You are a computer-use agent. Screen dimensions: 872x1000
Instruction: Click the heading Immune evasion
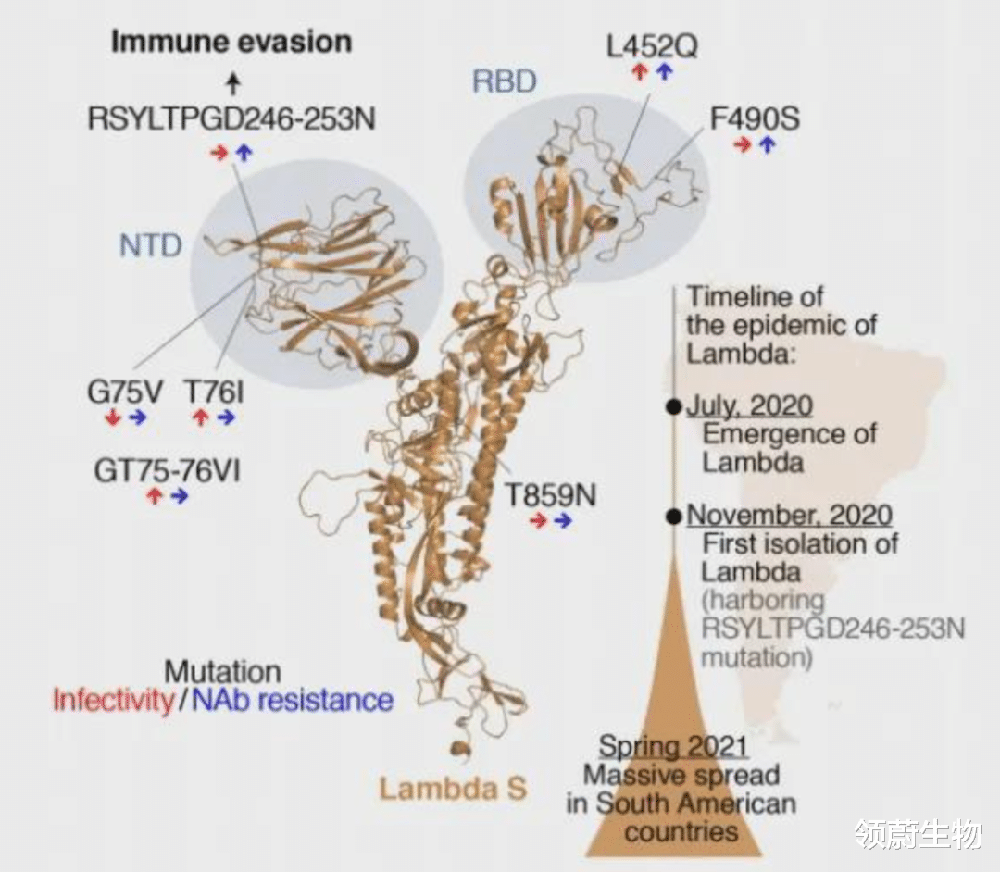tap(231, 42)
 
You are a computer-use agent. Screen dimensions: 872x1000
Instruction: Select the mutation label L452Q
tap(652, 45)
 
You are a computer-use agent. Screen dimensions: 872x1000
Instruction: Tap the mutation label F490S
tap(755, 119)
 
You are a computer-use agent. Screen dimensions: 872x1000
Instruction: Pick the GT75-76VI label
tap(167, 470)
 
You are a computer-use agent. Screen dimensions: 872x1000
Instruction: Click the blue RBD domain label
tap(504, 81)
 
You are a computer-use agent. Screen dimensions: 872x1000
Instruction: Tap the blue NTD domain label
tap(150, 245)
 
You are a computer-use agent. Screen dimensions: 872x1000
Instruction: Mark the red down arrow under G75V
tap(113, 417)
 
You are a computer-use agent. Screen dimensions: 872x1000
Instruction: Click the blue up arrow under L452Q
tap(664, 72)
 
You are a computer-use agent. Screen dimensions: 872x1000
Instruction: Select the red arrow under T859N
tap(538, 521)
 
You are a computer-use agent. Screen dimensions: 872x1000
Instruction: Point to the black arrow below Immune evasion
tap(233, 85)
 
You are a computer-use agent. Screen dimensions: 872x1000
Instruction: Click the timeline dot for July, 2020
tap(674, 407)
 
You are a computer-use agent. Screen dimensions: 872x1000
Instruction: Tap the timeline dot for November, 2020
tap(674, 516)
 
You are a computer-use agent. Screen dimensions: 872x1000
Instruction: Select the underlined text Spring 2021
tap(673, 746)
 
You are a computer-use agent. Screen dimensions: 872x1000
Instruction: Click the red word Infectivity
tap(112, 700)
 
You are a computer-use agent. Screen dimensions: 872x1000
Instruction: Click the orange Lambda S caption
tap(453, 789)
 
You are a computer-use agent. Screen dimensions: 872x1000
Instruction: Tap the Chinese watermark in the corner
tap(918, 834)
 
